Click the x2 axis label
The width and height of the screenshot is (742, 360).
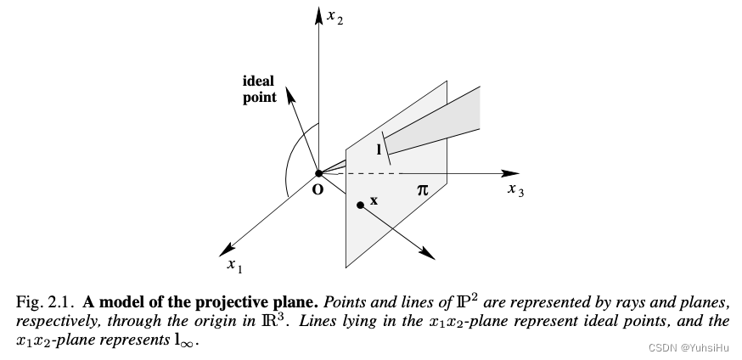coord(335,18)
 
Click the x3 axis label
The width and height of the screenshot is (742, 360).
coord(516,190)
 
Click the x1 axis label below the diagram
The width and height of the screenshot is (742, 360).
coord(234,267)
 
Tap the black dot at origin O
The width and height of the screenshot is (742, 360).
coord(319,173)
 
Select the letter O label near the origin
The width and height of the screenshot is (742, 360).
coord(318,189)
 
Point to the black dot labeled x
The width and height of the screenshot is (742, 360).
coord(360,205)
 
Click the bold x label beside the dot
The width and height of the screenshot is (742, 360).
coord(374,201)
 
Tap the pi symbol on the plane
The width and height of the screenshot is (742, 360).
coord(422,190)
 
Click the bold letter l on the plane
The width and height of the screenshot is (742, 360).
coord(379,150)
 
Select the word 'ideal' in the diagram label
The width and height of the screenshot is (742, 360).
coord(258,81)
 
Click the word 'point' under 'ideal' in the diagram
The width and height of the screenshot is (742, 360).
coord(260,98)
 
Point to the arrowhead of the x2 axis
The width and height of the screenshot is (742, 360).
coord(319,15)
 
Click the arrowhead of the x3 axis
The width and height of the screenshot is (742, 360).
coord(510,173)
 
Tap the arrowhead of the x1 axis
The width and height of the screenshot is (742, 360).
coord(228,250)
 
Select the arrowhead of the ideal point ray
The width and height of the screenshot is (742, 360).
coord(290,95)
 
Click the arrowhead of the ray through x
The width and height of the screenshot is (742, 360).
coord(427,254)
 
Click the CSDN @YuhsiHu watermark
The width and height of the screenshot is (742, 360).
coord(689,348)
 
